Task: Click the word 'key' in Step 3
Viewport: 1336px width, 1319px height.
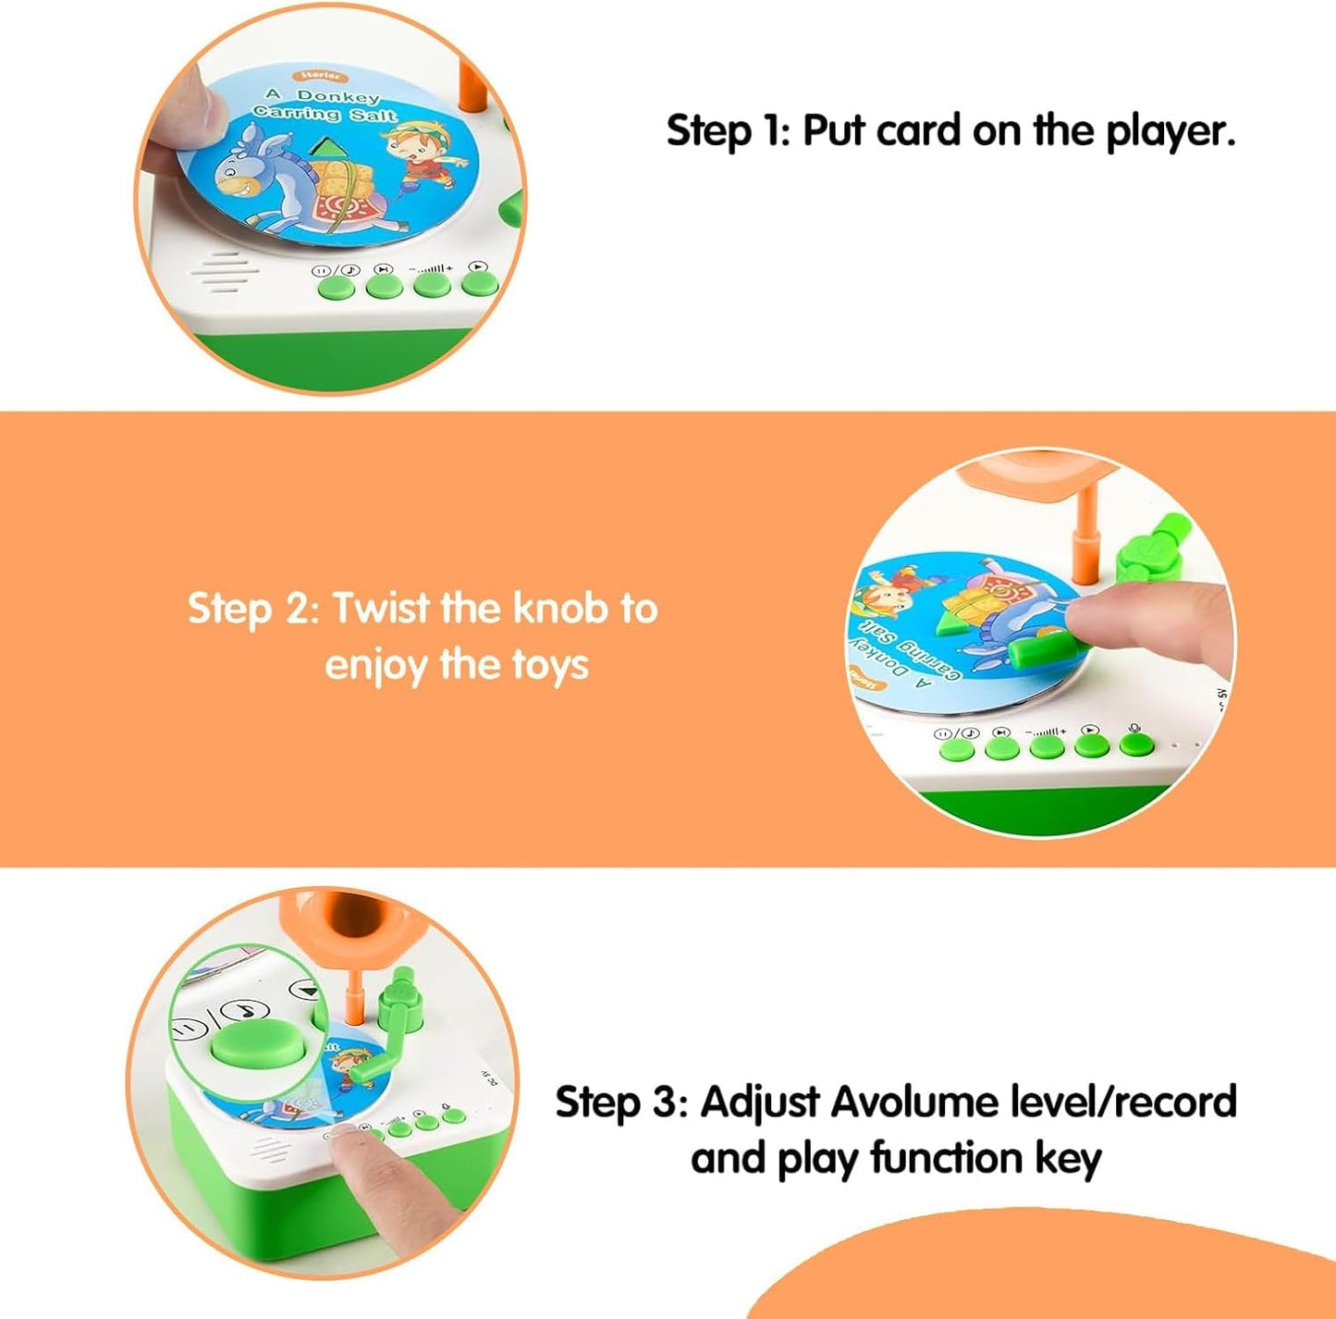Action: [x=1068, y=1160]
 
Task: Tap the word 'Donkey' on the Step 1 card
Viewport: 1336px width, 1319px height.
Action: [x=337, y=96]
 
